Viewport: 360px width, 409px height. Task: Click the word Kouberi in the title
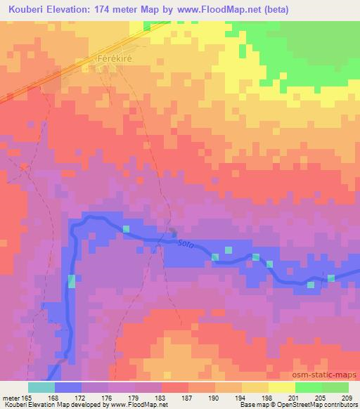(27, 8)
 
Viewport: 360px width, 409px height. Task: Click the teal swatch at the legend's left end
(41, 387)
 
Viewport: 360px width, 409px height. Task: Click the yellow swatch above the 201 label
(282, 387)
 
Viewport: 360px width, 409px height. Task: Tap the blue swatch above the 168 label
(68, 387)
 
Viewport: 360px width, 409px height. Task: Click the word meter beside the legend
(11, 397)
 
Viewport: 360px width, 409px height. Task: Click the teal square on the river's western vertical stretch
(71, 281)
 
